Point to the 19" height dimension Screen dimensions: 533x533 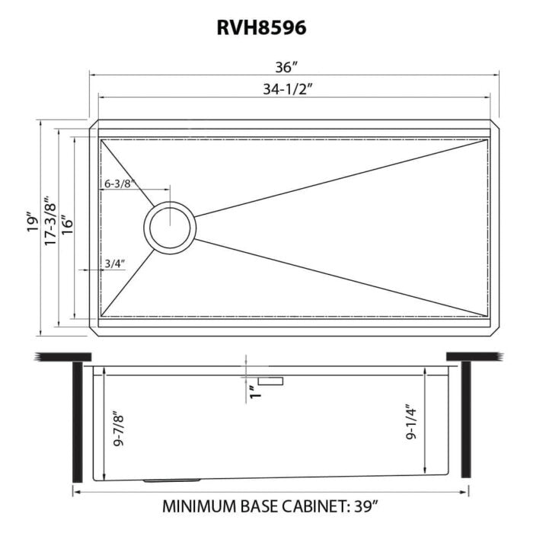coord(30,222)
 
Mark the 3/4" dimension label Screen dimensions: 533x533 coord(114,263)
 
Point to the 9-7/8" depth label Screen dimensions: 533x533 coord(116,431)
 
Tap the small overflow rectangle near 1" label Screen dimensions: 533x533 coord(270,380)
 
